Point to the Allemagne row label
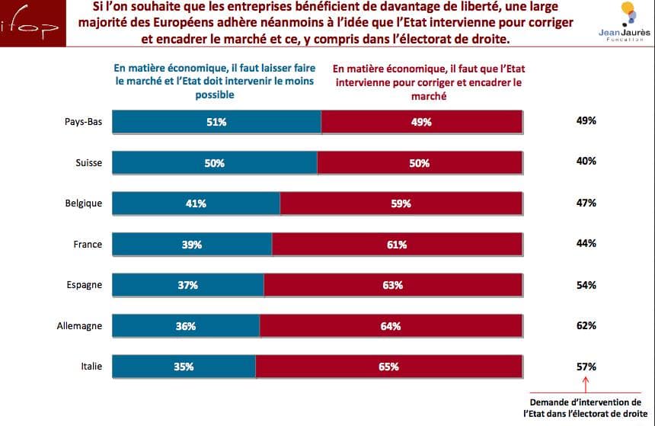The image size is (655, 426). pyautogui.click(x=79, y=326)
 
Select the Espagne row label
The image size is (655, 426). pyautogui.click(x=84, y=285)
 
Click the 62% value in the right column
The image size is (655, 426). pyautogui.click(x=586, y=325)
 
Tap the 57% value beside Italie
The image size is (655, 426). pyautogui.click(x=586, y=367)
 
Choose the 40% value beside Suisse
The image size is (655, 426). pyautogui.click(x=586, y=162)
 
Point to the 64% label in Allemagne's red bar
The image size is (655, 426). pyautogui.click(x=390, y=326)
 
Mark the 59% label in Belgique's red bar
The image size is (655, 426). pyautogui.click(x=401, y=203)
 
